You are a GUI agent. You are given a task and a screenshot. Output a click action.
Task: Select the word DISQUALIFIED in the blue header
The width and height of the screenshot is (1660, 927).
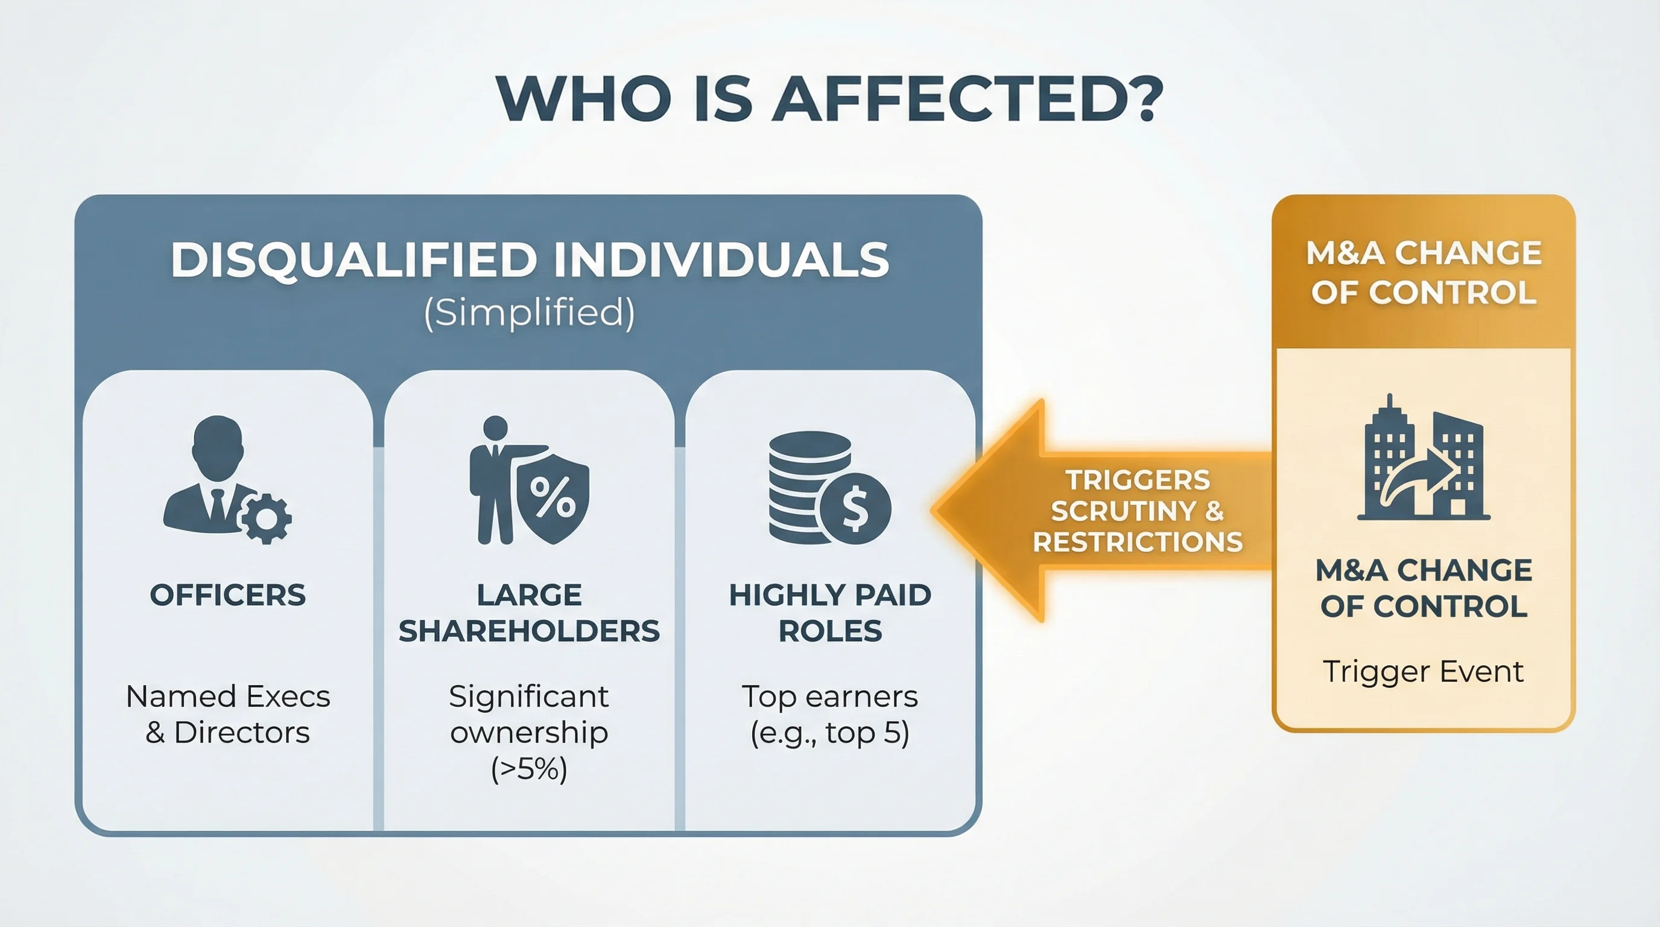pos(353,260)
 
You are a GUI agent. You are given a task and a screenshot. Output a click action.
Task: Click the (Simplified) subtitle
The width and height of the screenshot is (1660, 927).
pos(529,313)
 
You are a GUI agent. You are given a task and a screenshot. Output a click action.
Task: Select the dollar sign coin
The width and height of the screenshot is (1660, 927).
pos(855,509)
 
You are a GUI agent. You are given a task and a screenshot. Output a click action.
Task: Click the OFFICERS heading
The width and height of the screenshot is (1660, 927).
pos(227,595)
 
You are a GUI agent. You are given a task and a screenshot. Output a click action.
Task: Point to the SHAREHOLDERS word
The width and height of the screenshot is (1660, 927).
pos(529,631)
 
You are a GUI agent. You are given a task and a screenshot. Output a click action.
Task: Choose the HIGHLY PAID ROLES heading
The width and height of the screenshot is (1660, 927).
pos(830,613)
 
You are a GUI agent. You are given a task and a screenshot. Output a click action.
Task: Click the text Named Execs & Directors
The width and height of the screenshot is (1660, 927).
pos(227,715)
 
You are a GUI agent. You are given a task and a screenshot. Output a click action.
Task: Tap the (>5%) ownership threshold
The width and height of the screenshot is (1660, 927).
pos(529,768)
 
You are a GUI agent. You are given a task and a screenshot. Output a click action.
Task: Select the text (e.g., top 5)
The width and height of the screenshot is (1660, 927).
pos(830,733)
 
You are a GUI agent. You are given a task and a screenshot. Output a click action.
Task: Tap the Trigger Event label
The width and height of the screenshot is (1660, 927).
pos(1423,671)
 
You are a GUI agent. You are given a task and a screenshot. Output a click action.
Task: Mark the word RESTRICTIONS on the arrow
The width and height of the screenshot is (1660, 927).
pos(1138,542)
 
